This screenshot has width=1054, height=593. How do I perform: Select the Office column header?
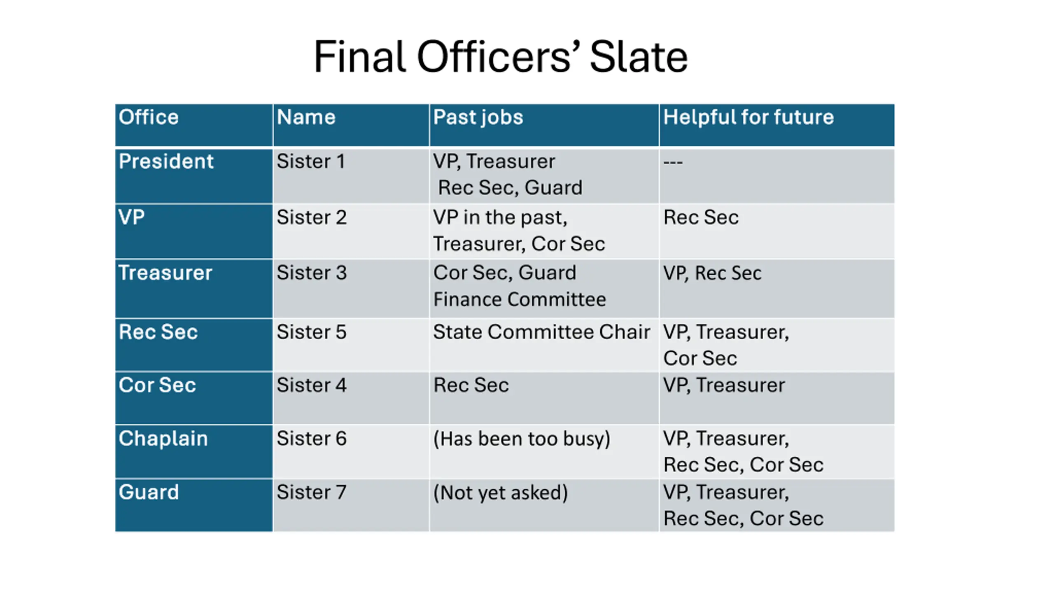[x=149, y=117]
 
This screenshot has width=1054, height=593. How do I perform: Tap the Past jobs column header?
[x=478, y=117]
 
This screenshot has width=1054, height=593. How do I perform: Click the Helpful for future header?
[x=748, y=117]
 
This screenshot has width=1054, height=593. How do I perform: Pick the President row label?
[x=166, y=161]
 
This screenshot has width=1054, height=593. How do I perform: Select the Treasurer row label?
[x=165, y=273]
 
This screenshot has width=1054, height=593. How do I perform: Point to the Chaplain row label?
[x=163, y=439]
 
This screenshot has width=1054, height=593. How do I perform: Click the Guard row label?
[x=149, y=493]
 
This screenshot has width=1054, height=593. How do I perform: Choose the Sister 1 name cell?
[x=311, y=161]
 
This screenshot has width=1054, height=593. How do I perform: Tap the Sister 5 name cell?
[x=311, y=332]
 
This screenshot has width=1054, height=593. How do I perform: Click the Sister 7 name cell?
[x=311, y=493]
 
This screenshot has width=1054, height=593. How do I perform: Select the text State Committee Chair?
[x=541, y=332]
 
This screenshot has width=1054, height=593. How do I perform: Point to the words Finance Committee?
[x=520, y=299]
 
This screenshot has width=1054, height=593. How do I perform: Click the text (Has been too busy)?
[x=522, y=439]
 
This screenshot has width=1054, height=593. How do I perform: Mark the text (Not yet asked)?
[x=500, y=493]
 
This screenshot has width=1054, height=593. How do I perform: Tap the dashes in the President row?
[x=673, y=162]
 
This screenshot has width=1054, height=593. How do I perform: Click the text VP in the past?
[x=500, y=217]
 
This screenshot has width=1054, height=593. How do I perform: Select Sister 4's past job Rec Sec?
[x=471, y=385]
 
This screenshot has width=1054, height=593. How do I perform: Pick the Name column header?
[x=306, y=117]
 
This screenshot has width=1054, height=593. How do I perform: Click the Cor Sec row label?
[x=157, y=385]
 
